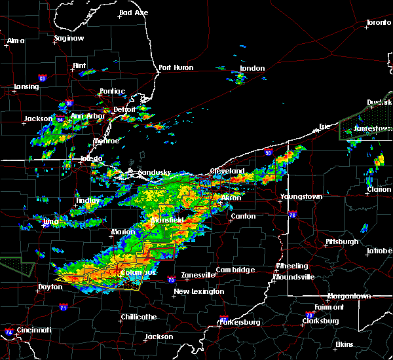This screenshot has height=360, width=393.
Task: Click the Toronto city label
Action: point(378,22)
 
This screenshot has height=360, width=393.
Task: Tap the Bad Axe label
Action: point(134,13)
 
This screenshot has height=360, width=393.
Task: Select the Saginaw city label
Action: point(69,39)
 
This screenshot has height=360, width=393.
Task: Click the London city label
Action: point(252,69)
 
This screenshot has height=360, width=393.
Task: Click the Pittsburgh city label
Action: point(342,242)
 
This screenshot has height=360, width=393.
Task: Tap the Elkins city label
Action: point(344,344)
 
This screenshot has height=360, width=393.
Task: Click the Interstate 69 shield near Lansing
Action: point(43,79)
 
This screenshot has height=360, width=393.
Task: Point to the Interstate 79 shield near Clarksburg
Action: point(310,315)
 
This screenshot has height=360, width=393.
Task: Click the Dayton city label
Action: point(50,287)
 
